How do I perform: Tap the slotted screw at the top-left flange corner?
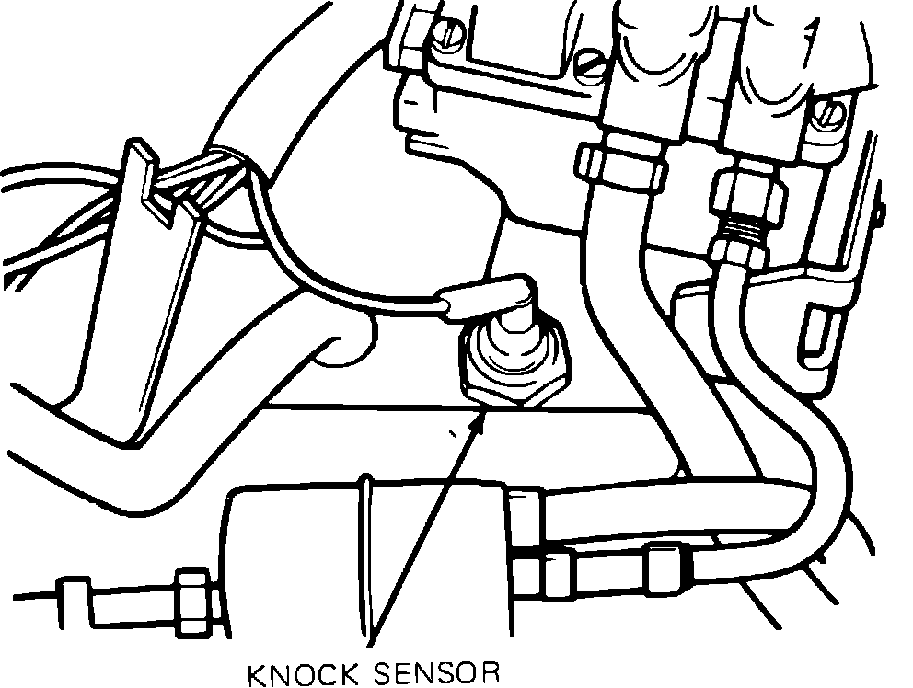450,34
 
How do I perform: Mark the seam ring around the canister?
368,552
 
